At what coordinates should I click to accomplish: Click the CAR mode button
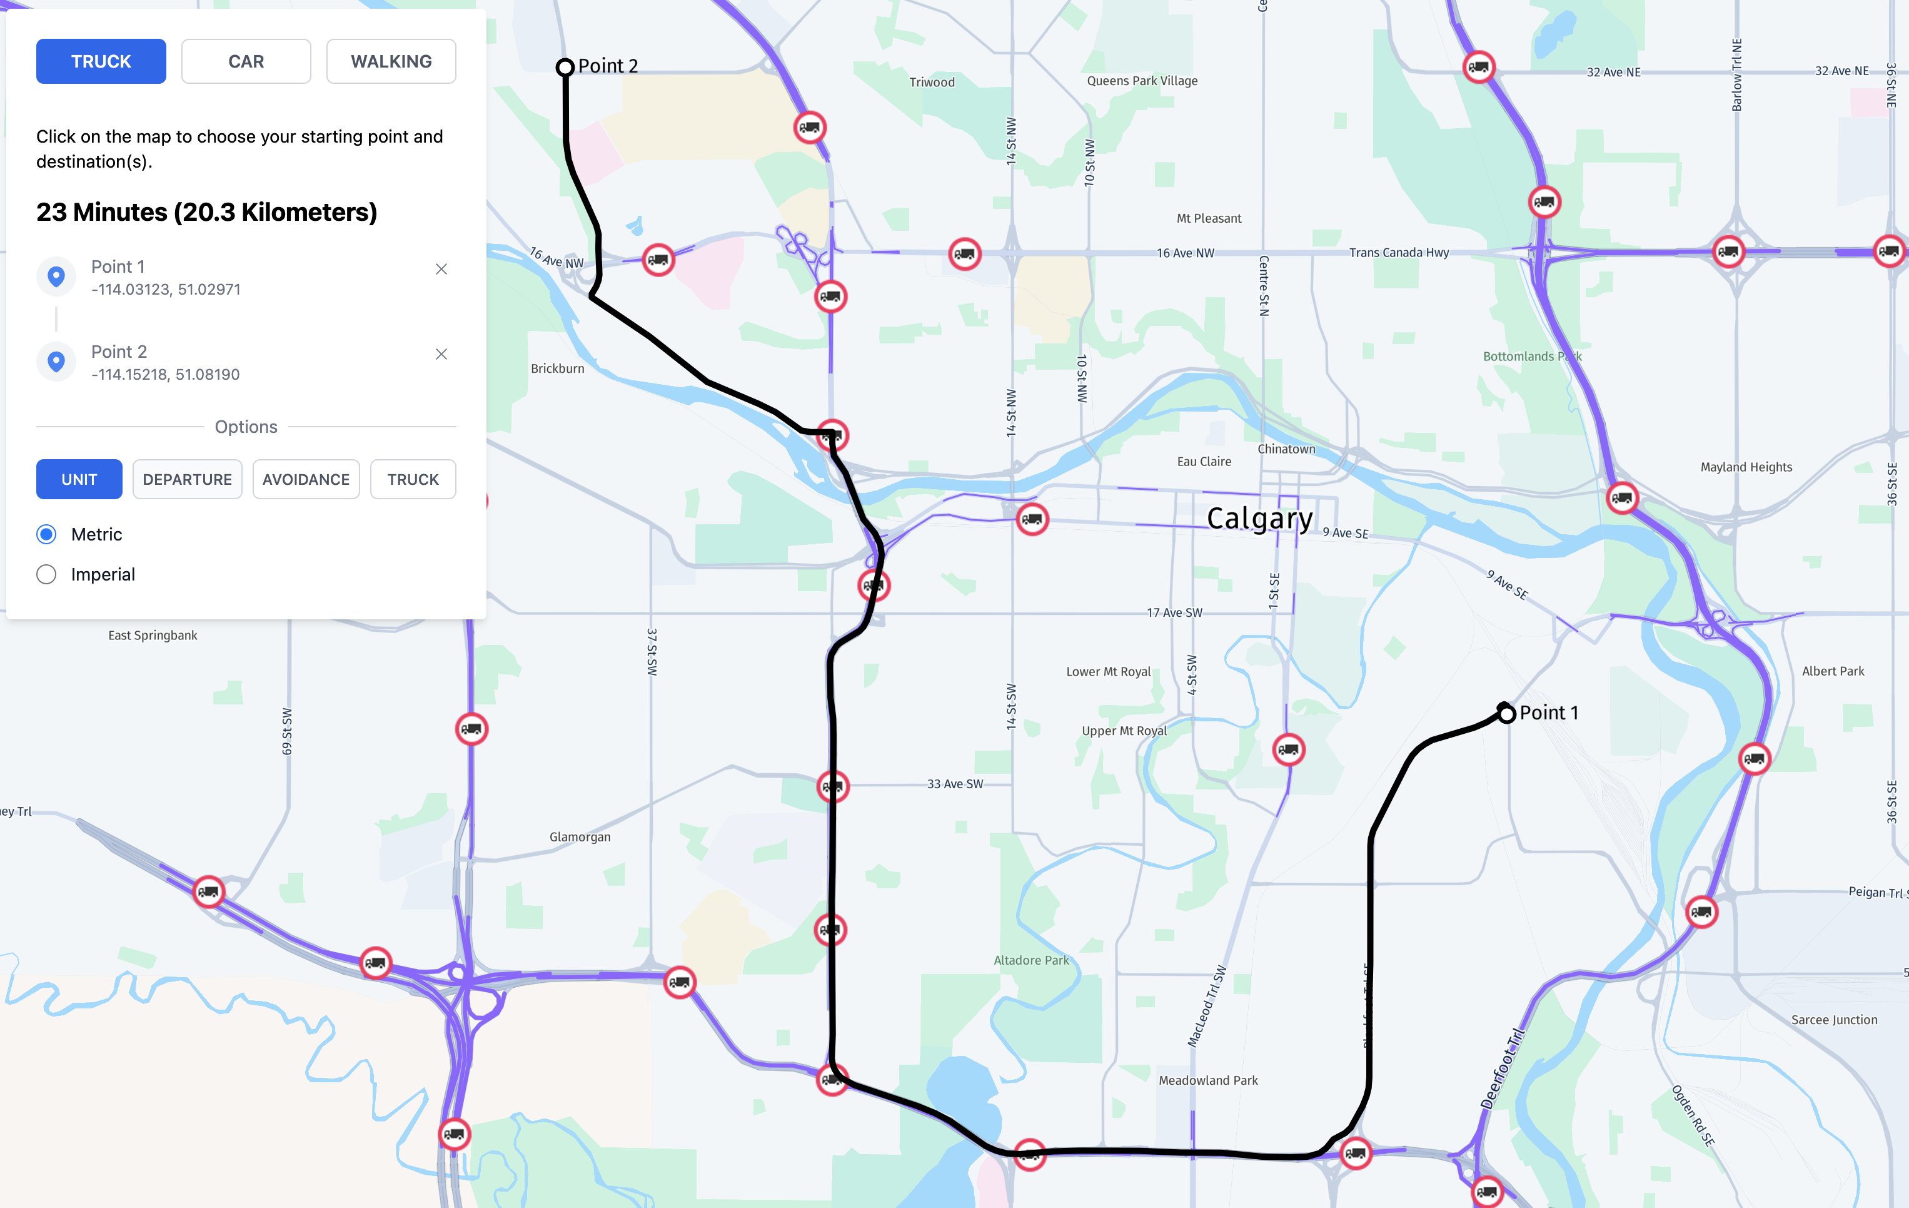(x=246, y=61)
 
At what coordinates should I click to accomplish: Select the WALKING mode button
(x=391, y=61)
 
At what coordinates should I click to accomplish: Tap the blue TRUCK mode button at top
(x=101, y=61)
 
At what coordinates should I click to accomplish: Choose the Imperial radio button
(x=47, y=574)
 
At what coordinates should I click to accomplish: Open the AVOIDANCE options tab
(x=305, y=479)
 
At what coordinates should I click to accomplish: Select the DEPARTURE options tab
(x=187, y=479)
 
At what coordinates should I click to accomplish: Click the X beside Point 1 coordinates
(x=441, y=269)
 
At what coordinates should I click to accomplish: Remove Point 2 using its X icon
(x=441, y=353)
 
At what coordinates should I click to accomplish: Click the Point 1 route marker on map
(x=1506, y=713)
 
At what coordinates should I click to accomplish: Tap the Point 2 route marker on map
(x=565, y=68)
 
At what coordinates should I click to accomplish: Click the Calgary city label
(x=1259, y=518)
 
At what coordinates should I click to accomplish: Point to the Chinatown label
(x=1286, y=449)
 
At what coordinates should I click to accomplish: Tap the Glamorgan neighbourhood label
(x=580, y=837)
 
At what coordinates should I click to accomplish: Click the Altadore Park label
(x=1030, y=960)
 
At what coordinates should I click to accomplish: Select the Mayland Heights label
(x=1746, y=467)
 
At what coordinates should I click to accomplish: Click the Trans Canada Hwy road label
(x=1398, y=252)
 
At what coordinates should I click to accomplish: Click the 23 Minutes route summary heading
(x=206, y=212)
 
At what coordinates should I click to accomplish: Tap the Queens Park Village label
(x=1142, y=81)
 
